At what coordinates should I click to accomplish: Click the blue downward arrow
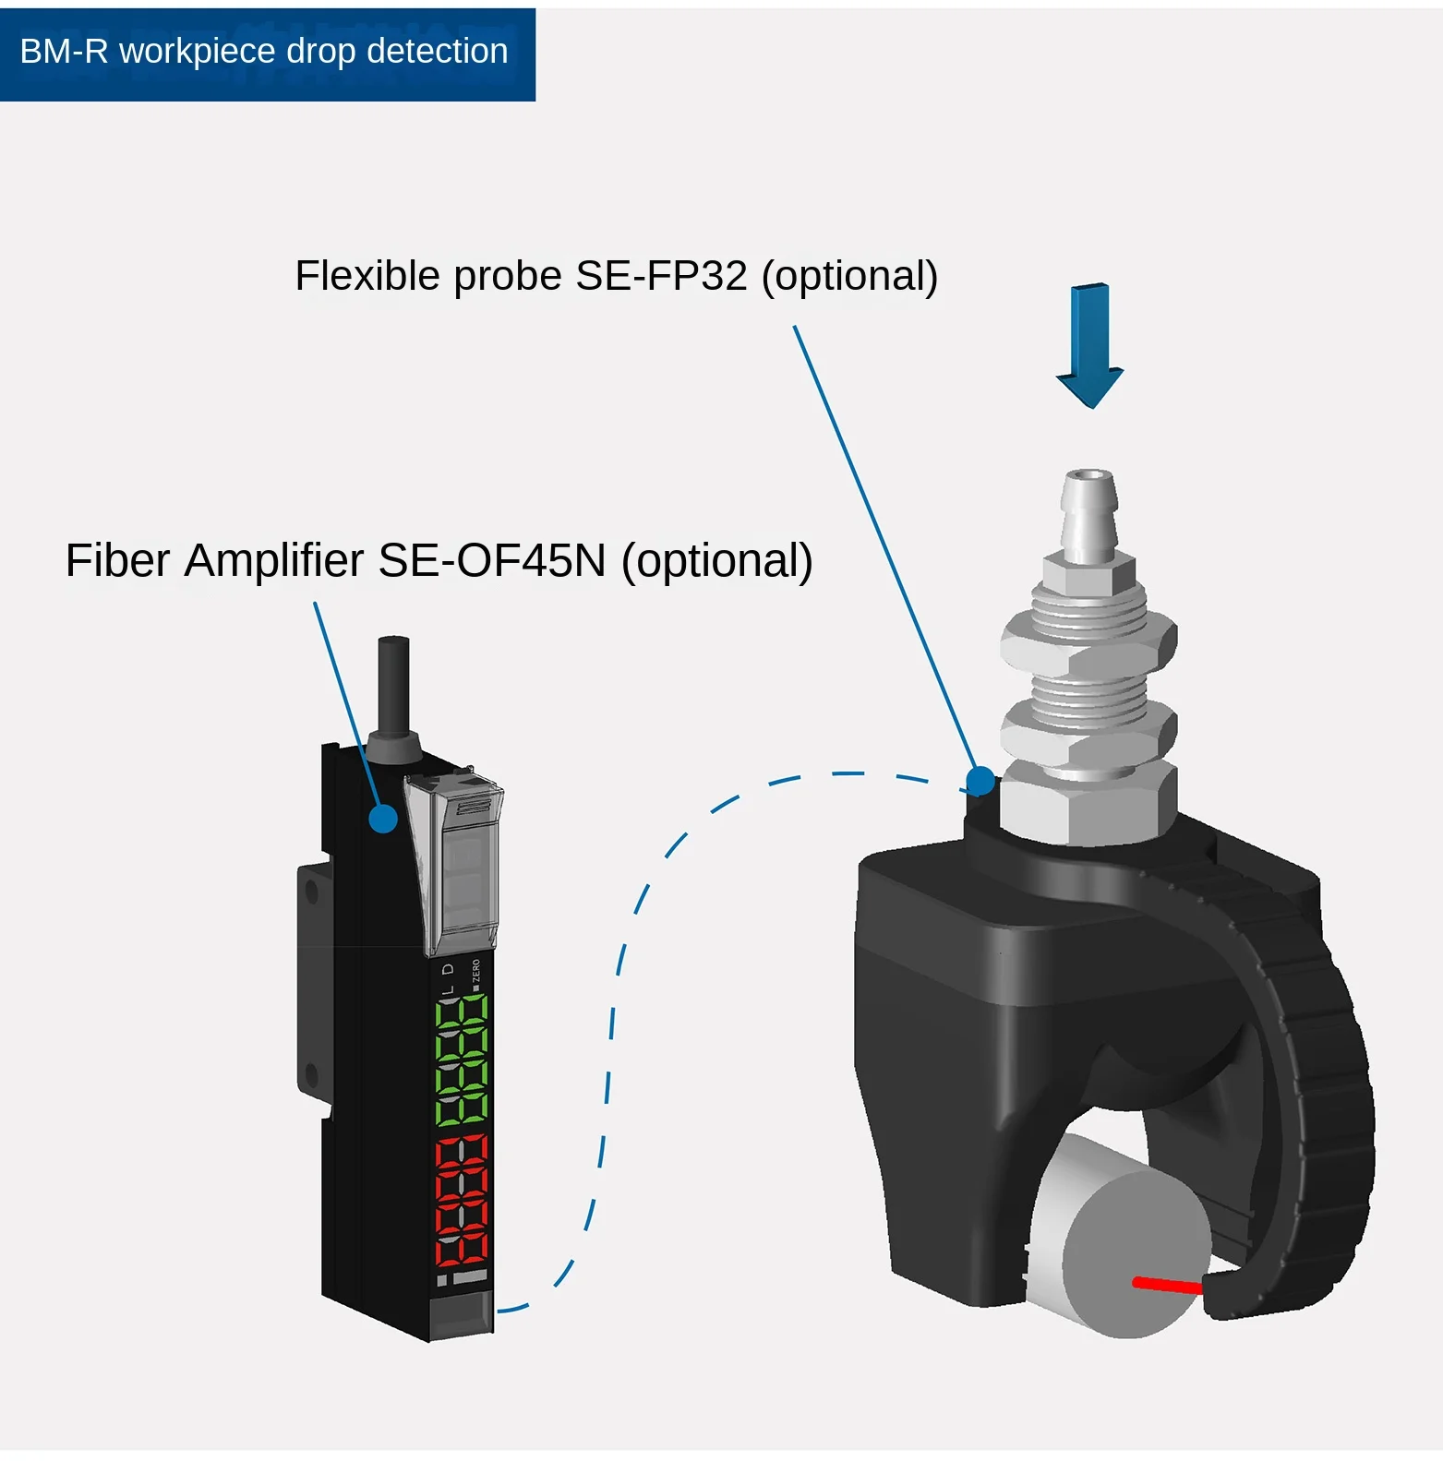coord(1089,346)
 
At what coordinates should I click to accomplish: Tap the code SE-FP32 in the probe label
coord(661,276)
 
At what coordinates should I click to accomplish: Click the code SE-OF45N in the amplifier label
coord(492,560)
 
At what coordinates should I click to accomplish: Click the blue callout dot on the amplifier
coord(383,818)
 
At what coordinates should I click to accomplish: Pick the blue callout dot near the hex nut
coord(980,781)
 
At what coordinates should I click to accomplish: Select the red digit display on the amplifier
coord(462,1200)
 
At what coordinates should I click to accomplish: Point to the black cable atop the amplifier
coord(394,688)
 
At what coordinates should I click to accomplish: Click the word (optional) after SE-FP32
coord(849,276)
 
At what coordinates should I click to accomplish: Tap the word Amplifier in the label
coord(274,560)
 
